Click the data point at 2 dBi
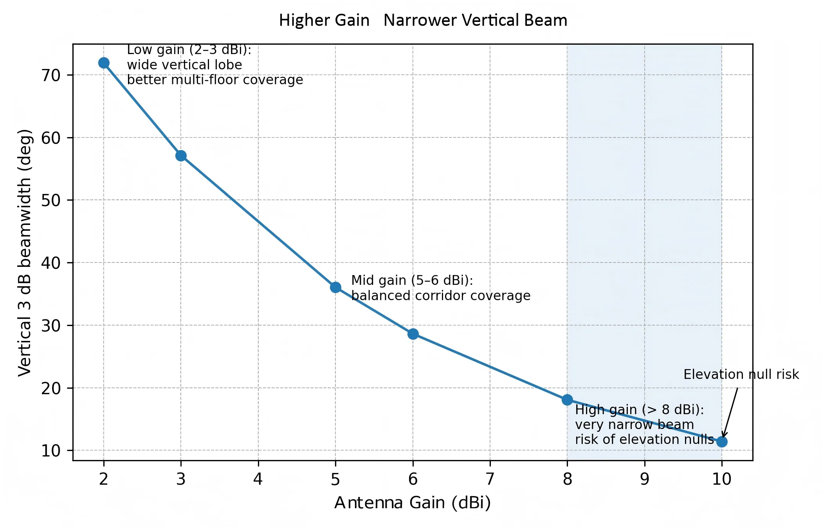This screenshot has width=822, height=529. pos(104,63)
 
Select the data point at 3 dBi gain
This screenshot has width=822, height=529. pos(181,156)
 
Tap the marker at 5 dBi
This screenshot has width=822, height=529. pos(335,287)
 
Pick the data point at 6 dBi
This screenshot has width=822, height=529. pos(413,334)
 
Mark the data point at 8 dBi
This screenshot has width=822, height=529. pos(567,400)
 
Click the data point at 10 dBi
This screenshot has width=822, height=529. pos(722,442)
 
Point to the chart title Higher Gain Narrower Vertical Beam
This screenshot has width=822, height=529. pos(423,20)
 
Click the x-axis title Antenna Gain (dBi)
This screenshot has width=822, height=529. pos(413,503)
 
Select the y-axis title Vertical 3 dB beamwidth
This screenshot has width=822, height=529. pos(25,253)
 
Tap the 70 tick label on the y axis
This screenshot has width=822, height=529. pos(51,75)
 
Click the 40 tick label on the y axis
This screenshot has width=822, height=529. pos(51,263)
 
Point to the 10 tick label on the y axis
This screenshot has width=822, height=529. pos(51,451)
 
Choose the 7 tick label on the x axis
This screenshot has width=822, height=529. pos(490,479)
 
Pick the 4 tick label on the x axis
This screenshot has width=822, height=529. pos(258,479)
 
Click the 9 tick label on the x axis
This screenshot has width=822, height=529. pos(645,479)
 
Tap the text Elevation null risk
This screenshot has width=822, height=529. pos(741,374)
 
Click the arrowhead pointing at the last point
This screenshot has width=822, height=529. pos(724,435)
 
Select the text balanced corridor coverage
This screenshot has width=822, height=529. pos(441,295)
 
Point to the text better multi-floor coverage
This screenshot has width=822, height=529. pos(215,80)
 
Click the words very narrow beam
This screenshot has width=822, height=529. pos(634,424)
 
